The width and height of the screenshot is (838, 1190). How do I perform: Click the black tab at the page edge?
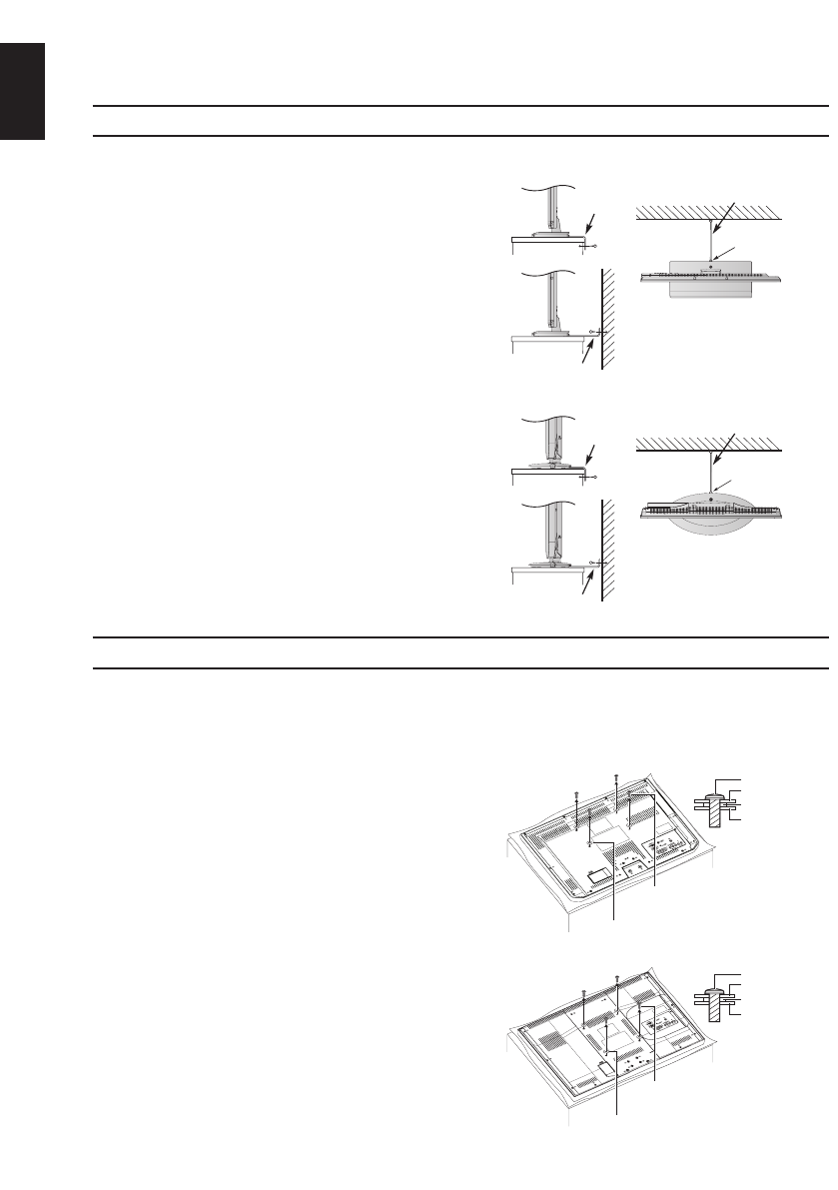tap(23, 91)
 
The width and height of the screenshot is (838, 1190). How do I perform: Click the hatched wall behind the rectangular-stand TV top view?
tap(709, 212)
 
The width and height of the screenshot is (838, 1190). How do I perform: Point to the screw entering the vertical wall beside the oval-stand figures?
tap(595, 566)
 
